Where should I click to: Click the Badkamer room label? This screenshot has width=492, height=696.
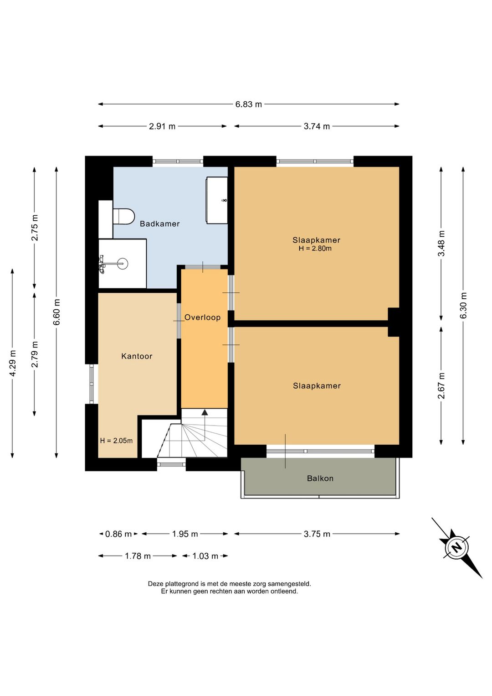(x=159, y=223)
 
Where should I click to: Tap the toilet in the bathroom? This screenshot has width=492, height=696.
(x=123, y=216)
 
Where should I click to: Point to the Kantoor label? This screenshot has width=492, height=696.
(x=137, y=356)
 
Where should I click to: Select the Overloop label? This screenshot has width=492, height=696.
(x=202, y=317)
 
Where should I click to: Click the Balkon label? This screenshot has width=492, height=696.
(x=320, y=478)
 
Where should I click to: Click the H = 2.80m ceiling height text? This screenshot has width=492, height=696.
(x=315, y=248)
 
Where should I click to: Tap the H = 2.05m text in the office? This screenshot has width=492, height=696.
(x=117, y=441)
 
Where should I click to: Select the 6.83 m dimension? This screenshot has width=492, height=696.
(x=249, y=104)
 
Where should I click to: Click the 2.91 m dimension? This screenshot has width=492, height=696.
(x=162, y=126)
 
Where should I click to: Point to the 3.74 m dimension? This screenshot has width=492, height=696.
(x=317, y=126)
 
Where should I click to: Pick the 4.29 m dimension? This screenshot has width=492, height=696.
(x=12, y=363)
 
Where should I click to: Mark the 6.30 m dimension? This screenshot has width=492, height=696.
(x=463, y=306)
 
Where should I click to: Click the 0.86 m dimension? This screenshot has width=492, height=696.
(x=118, y=534)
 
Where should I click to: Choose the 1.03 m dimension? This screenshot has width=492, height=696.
(x=205, y=556)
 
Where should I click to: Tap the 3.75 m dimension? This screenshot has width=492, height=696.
(x=317, y=534)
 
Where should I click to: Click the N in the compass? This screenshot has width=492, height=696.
(x=456, y=547)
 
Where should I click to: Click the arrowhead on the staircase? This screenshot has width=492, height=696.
(x=205, y=412)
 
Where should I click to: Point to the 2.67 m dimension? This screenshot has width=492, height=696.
(x=441, y=385)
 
